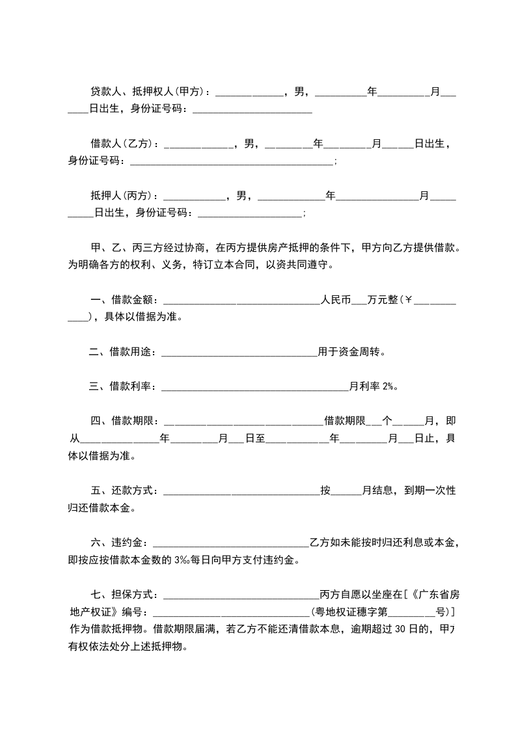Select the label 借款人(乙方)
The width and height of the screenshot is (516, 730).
click(123, 144)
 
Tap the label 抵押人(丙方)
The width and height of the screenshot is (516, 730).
click(123, 195)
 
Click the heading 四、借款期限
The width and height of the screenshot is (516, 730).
click(123, 421)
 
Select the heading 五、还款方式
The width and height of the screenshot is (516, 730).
click(123, 491)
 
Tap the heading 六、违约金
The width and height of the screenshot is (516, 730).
click(118, 543)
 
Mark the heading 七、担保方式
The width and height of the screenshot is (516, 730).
click(123, 595)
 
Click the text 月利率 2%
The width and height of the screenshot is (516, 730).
click(372, 386)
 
